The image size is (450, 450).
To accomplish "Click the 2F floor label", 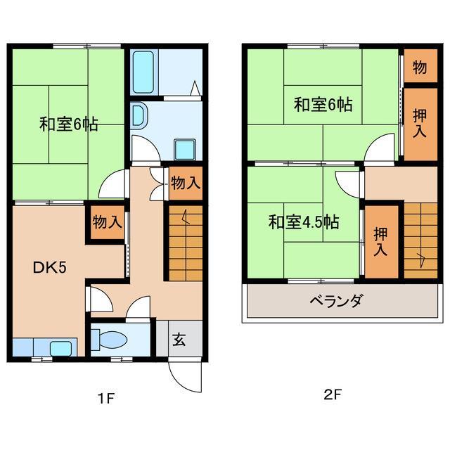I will [332, 395].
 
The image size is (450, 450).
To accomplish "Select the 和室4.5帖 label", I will [304, 223].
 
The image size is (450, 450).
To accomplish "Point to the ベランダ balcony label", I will [336, 302].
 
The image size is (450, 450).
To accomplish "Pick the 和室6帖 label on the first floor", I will [68, 125].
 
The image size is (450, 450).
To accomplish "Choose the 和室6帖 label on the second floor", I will [323, 105].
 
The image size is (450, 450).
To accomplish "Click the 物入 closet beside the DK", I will [107, 223].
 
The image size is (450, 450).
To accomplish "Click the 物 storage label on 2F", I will [420, 67].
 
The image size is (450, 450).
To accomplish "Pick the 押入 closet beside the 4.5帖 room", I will [380, 241].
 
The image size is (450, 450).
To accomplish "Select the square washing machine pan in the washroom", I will [186, 148].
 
